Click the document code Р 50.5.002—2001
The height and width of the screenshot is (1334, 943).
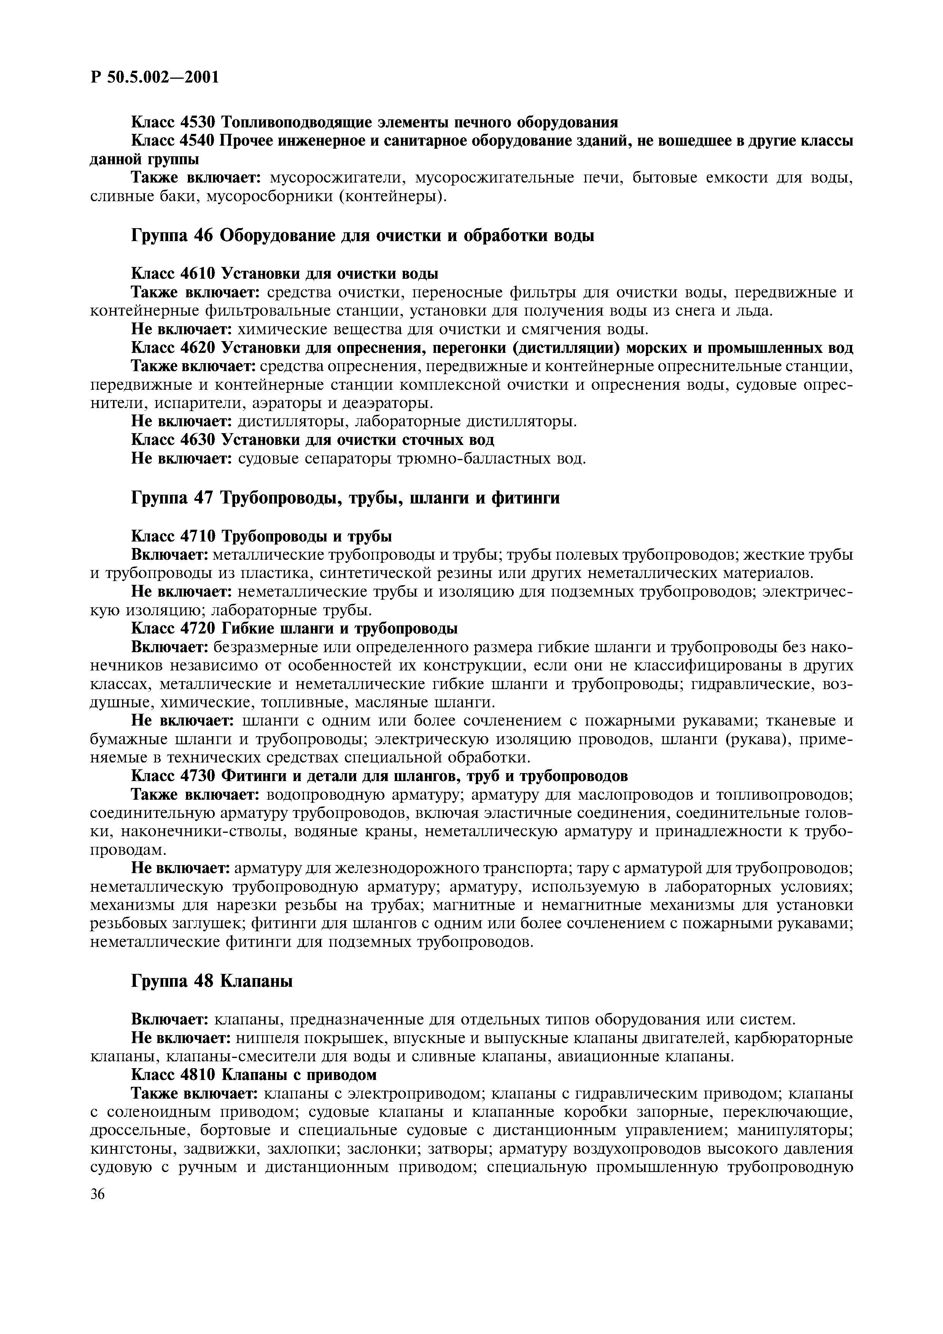[154, 77]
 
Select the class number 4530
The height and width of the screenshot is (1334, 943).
[199, 122]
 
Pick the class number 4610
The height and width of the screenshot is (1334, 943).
[199, 273]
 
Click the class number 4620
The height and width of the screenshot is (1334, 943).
[199, 348]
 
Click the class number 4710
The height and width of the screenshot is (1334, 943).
[199, 535]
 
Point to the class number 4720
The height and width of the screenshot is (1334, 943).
[199, 628]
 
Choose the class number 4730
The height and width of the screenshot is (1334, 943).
[199, 776]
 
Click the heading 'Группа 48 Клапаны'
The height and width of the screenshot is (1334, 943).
[212, 981]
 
